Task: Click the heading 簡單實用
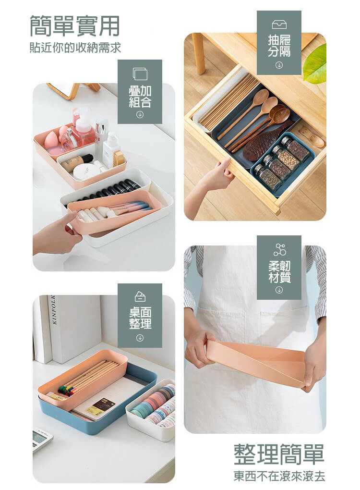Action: (74, 26)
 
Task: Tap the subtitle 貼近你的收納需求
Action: (75, 48)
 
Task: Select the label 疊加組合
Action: (140, 97)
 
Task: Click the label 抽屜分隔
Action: (279, 46)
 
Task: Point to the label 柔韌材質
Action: (279, 271)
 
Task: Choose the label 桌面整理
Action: (140, 318)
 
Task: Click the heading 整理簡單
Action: (279, 454)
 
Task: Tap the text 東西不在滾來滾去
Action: (279, 476)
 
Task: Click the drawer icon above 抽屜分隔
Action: (279, 24)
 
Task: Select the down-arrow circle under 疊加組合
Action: (140, 115)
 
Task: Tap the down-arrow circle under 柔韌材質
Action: (279, 290)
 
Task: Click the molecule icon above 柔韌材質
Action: (279, 249)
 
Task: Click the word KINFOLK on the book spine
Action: (53, 309)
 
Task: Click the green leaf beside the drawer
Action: (315, 63)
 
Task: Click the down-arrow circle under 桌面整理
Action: (140, 338)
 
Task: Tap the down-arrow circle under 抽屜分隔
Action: (279, 65)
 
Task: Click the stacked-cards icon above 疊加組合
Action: (140, 74)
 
